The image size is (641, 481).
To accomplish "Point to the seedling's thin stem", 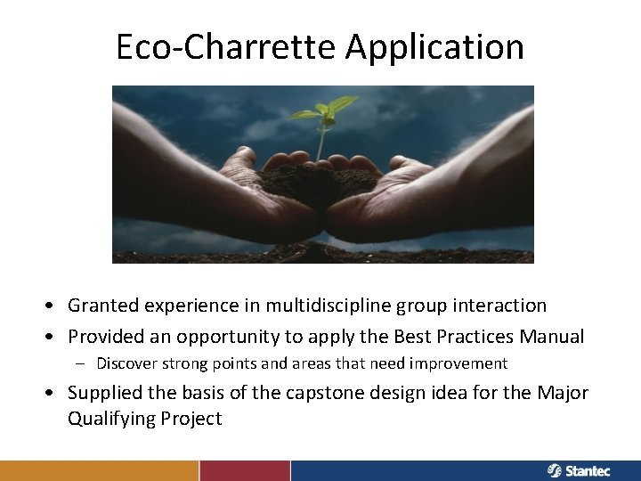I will click(x=320, y=143).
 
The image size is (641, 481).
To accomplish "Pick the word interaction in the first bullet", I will click(x=500, y=306).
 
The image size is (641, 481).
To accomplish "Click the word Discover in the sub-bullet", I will click(x=127, y=363).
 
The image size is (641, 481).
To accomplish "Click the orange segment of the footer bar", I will click(x=99, y=470).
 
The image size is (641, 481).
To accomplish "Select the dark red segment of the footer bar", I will click(x=245, y=470).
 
